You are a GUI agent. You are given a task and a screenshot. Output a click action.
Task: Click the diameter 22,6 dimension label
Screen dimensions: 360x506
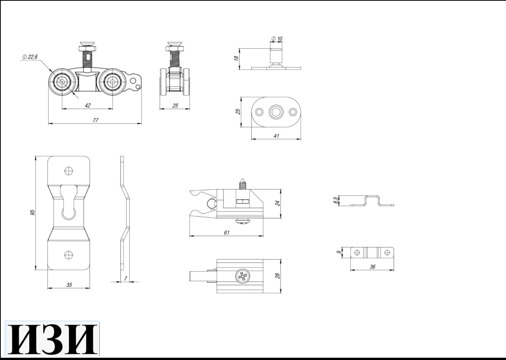click(x=30, y=57)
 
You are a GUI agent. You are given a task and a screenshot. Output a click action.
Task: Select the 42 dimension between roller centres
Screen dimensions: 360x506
click(x=88, y=105)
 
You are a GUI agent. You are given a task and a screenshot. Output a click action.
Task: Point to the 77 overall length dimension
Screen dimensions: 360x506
click(x=95, y=120)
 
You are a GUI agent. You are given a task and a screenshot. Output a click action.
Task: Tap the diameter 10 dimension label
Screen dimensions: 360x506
click(x=277, y=39)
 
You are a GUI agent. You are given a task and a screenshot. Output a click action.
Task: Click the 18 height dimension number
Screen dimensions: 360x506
click(x=236, y=58)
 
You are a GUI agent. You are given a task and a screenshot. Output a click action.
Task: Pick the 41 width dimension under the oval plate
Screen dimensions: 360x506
click(x=276, y=136)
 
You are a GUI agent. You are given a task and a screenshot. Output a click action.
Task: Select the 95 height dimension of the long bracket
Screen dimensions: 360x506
click(x=32, y=212)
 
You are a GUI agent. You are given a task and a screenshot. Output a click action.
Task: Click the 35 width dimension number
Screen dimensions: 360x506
click(x=69, y=285)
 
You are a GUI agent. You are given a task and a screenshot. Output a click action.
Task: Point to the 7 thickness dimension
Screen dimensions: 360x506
click(x=125, y=279)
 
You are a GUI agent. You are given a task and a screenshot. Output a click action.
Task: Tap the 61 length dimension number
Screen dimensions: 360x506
click(x=226, y=232)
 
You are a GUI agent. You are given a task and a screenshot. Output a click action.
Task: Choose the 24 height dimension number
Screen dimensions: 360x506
click(x=278, y=203)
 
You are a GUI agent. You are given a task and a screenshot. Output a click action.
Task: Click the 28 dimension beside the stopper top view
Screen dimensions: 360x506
click(x=278, y=276)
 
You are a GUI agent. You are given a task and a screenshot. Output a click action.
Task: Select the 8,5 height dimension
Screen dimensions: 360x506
click(x=335, y=200)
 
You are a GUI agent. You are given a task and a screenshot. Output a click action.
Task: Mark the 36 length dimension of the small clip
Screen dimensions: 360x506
click(x=372, y=267)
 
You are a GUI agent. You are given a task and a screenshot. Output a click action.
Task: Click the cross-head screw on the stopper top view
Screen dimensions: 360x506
click(x=242, y=276)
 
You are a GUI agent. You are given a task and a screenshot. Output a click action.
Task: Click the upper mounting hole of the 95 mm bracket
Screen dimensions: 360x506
click(x=68, y=171)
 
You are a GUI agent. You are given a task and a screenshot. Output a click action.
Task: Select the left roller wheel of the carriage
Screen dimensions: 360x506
click(x=61, y=82)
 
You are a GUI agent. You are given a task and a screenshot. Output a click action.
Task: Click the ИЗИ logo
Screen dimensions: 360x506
click(x=52, y=339)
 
